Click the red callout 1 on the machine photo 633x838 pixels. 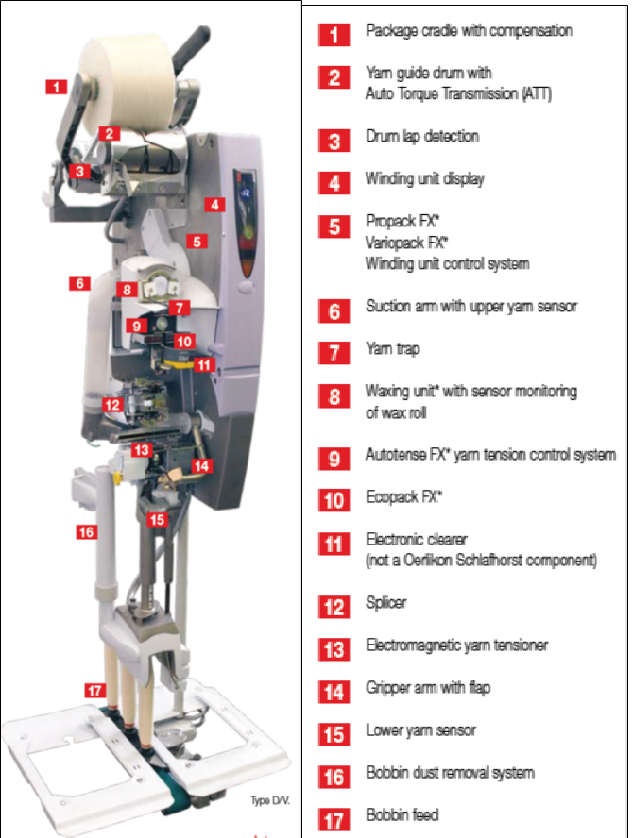56,87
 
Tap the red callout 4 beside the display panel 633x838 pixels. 214,205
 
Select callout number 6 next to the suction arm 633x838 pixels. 79,283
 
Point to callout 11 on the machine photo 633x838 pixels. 204,365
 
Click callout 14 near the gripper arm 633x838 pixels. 201,466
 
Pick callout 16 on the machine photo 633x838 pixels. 86,532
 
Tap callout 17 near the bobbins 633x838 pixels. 94,691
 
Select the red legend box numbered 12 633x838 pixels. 334,607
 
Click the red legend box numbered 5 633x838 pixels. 334,226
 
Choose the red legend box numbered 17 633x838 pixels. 334,820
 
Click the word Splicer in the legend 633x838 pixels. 386,603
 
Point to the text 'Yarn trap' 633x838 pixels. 393,349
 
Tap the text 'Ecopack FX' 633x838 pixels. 404,497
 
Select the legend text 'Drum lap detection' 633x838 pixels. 422,136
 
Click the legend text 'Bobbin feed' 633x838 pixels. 402,814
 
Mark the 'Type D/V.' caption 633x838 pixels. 270,800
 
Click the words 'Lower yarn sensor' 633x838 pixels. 421,730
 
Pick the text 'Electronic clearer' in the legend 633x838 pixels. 417,539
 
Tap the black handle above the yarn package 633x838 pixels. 189,45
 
